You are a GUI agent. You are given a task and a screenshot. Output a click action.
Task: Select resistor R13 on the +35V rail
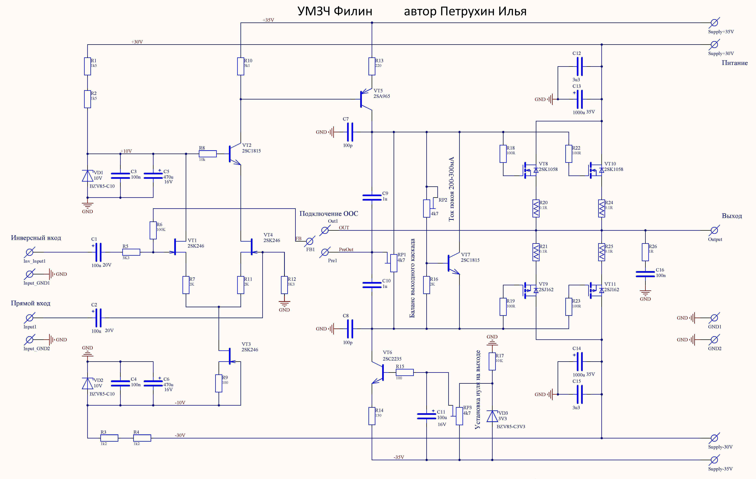coord(372,66)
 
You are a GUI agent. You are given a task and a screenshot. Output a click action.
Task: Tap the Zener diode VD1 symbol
coord(88,176)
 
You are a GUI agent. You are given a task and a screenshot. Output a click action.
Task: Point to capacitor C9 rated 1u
coord(372,197)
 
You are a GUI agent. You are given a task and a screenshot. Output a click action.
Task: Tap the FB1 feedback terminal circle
coord(310,241)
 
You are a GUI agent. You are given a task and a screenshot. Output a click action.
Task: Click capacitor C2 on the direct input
coord(98,318)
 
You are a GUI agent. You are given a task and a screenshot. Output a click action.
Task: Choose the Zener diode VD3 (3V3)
coord(492,416)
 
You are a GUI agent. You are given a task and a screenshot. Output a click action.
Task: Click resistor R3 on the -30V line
coord(109,438)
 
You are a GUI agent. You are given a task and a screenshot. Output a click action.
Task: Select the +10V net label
coord(126,151)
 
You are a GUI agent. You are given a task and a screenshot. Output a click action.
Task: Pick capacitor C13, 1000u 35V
coord(579,99)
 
